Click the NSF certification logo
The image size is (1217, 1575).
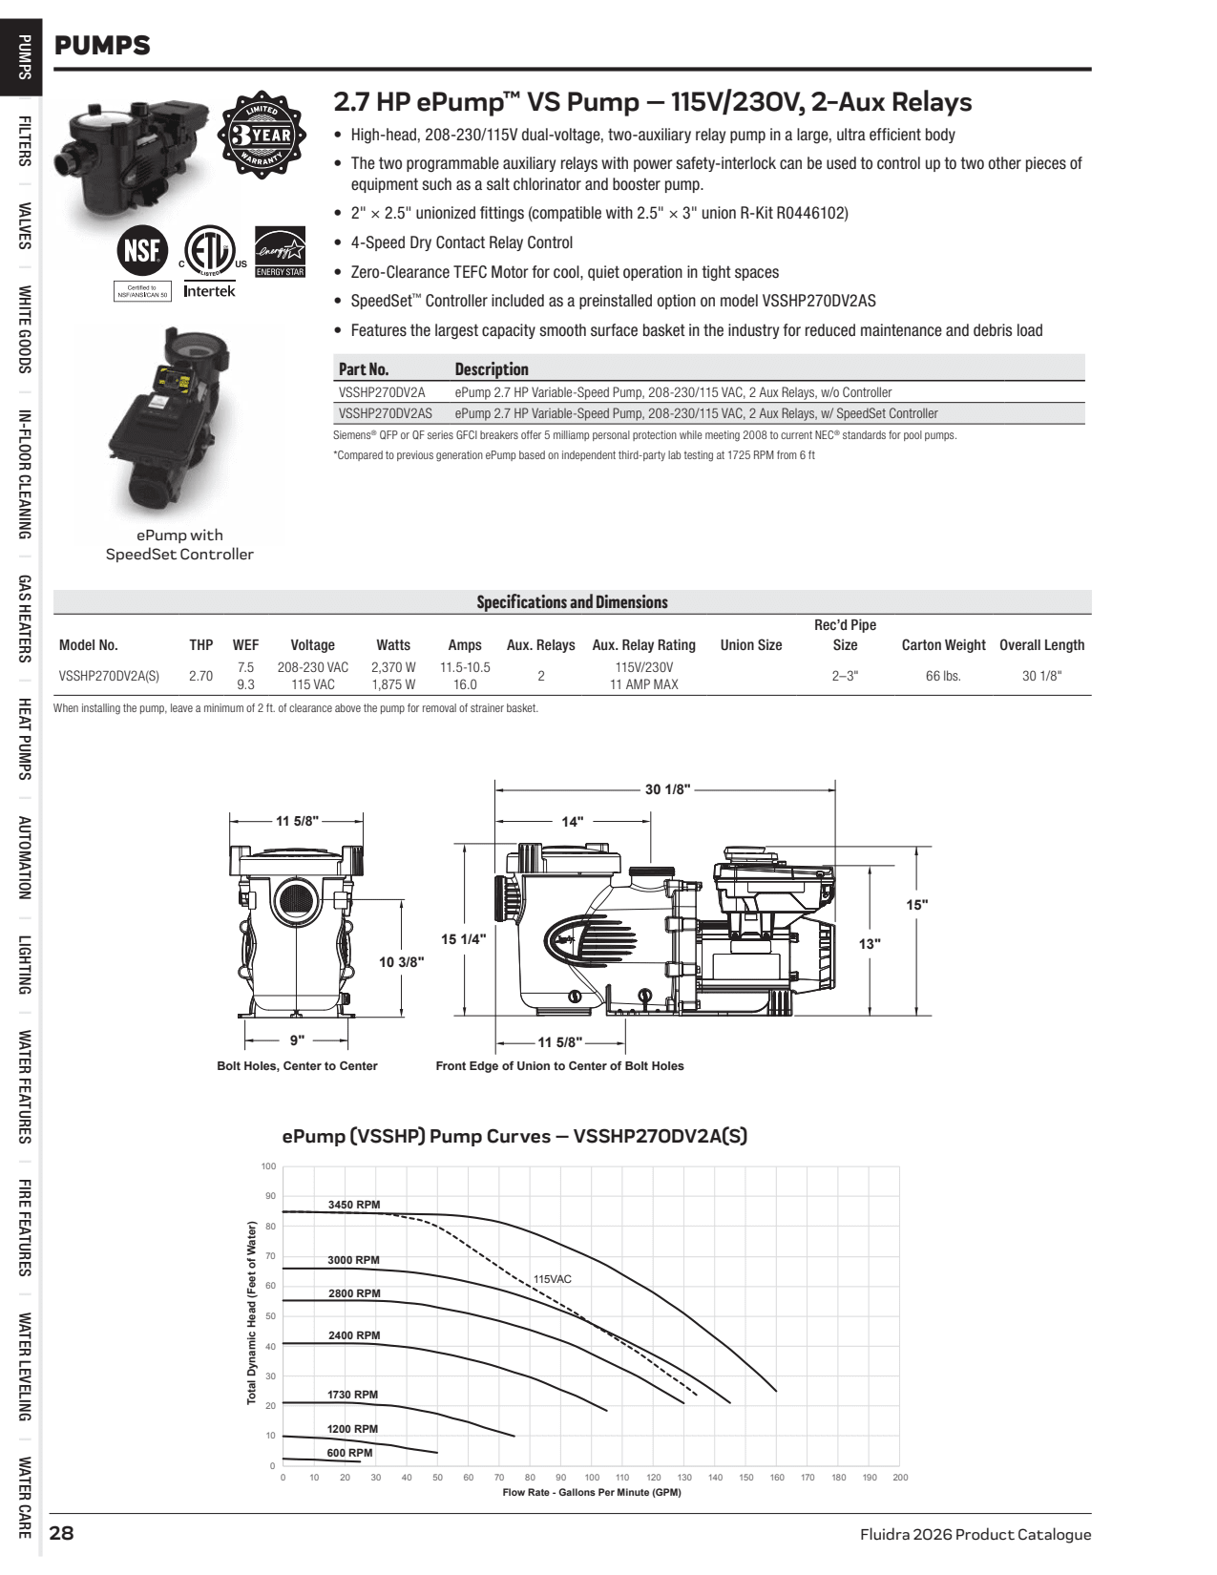click(x=143, y=251)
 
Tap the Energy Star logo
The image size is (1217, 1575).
click(x=280, y=251)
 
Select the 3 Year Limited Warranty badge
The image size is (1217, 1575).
click(x=262, y=136)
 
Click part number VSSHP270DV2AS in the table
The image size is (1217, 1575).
click(x=385, y=413)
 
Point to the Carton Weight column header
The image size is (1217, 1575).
click(x=943, y=645)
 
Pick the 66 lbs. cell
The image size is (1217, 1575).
click(x=943, y=676)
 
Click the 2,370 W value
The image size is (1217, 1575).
click(x=393, y=667)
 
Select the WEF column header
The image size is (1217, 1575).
click(x=245, y=645)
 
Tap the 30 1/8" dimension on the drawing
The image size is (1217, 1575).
click(x=667, y=789)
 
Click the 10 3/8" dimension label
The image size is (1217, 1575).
click(x=402, y=962)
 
